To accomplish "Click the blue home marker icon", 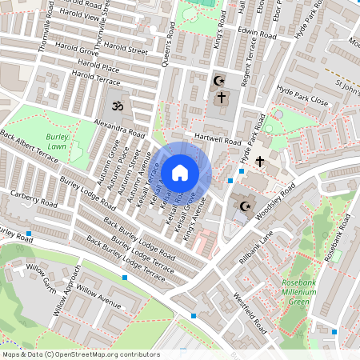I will pos(180,172).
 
